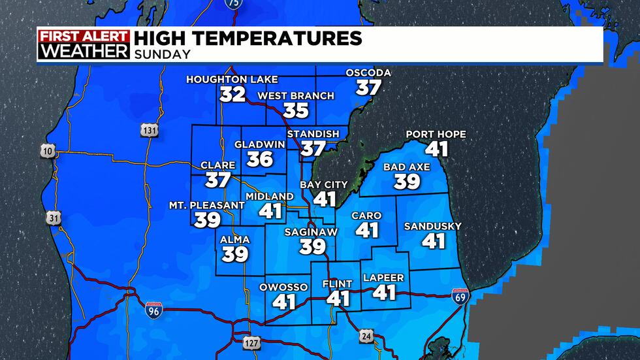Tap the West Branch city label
point(296,96)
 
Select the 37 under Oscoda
point(368,87)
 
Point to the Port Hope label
point(436,135)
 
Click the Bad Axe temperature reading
point(406,182)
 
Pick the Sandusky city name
point(432,226)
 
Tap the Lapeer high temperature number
point(384,292)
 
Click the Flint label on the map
point(338,284)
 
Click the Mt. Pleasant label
point(207,205)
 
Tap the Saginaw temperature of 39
point(313,246)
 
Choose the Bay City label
point(324,184)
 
